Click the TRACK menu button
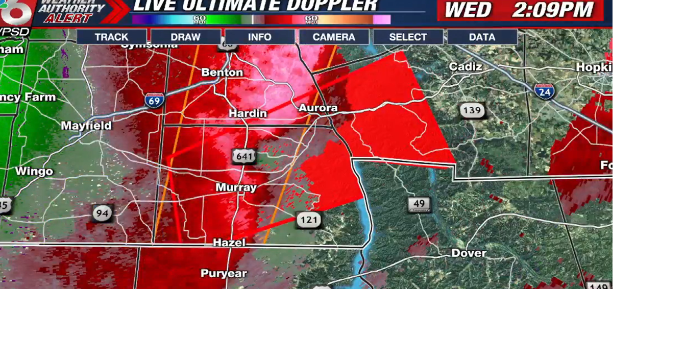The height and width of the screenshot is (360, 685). click(x=111, y=37)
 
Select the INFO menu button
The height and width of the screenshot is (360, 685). click(x=259, y=37)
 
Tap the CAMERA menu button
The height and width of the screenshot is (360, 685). click(x=334, y=37)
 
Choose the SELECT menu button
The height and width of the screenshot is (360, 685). click(x=408, y=37)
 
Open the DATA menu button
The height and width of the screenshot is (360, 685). click(x=482, y=37)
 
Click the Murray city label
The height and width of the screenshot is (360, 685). click(x=236, y=187)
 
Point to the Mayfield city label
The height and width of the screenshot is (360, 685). click(x=86, y=125)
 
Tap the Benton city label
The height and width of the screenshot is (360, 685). click(x=222, y=73)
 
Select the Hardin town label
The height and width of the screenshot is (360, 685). click(x=248, y=113)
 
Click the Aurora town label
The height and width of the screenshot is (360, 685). click(x=318, y=108)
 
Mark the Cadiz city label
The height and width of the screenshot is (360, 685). click(x=465, y=67)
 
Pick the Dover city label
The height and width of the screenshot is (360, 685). click(x=469, y=253)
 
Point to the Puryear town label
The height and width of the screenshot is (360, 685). click(x=224, y=273)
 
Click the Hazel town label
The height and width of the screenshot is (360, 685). click(x=229, y=243)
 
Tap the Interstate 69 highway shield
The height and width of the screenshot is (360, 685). click(x=154, y=100)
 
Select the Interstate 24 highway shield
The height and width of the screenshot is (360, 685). click(x=545, y=91)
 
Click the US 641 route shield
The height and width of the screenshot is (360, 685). click(x=243, y=156)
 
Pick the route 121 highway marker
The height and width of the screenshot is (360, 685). click(x=308, y=220)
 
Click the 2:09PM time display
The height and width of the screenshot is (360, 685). click(x=553, y=10)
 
